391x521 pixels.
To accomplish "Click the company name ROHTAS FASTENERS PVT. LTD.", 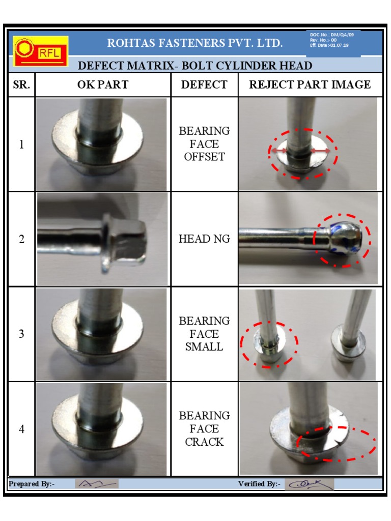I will coord(195,43).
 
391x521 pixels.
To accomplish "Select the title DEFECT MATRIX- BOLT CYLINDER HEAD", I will coord(195,66).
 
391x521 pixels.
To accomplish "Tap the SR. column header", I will coord(21,84).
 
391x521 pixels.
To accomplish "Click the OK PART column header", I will coord(103,84).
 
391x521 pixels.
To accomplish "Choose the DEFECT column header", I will coord(204,84).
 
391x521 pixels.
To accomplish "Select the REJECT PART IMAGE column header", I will coord(310,84).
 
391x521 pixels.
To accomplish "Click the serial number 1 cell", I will coord(21,144).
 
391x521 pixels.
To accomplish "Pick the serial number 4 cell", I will coord(21,429).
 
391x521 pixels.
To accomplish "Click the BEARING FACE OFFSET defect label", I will coord(204,144).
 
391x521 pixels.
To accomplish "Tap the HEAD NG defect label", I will coord(204,239).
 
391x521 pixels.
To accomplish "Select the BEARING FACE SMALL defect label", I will coord(204,334).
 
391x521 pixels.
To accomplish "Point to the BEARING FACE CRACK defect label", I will coord(204,429).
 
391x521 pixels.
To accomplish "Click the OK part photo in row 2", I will coord(102,239).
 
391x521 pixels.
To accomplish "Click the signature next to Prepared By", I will coord(97,484).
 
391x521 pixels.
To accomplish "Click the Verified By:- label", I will coord(259,484).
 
